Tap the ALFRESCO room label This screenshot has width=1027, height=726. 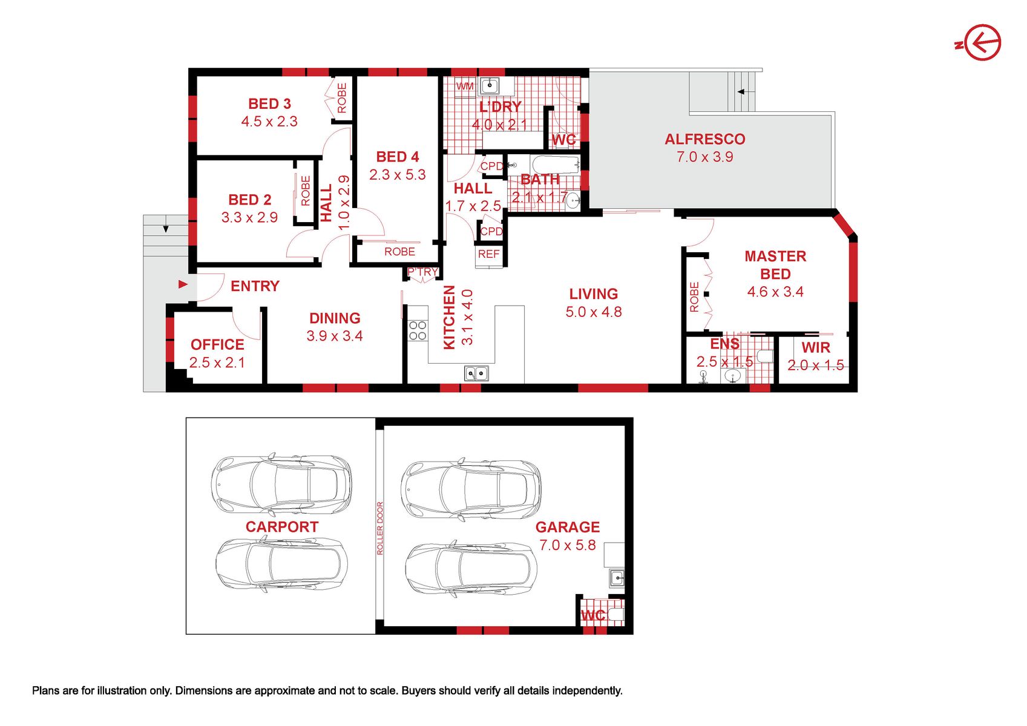[x=704, y=139]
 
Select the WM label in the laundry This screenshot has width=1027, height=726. [x=465, y=86]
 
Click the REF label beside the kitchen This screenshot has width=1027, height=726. [x=489, y=254]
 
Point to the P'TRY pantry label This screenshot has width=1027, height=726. [x=422, y=272]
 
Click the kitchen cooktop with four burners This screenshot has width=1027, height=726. [x=417, y=330]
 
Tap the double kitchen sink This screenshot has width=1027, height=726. [x=476, y=373]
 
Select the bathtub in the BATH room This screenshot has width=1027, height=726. [x=555, y=164]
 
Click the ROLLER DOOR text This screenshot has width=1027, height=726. [x=379, y=528]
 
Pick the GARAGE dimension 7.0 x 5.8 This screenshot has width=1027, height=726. [x=568, y=545]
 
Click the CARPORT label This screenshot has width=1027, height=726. [x=282, y=526]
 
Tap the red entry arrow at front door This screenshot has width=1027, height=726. [x=183, y=284]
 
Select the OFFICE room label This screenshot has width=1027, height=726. [x=217, y=344]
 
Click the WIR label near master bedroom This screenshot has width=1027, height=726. [x=816, y=347]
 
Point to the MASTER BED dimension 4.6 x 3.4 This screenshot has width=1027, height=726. [x=775, y=292]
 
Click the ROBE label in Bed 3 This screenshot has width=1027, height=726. [x=342, y=97]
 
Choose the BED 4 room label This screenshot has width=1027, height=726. [x=398, y=157]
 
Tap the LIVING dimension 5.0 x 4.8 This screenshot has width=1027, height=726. [x=594, y=312]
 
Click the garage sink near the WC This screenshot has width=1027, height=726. [x=617, y=578]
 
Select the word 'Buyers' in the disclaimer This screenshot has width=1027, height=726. [x=418, y=691]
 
